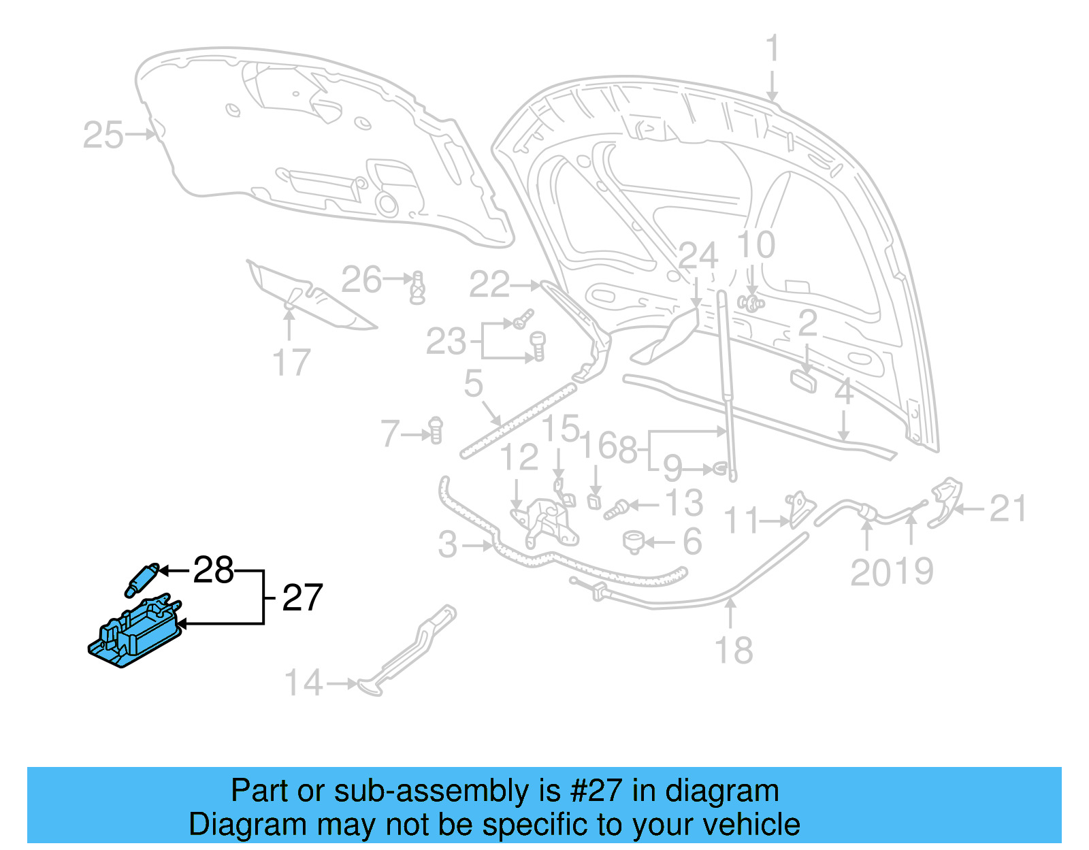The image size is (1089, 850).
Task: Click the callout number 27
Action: click(302, 598)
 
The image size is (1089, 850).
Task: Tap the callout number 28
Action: click(213, 570)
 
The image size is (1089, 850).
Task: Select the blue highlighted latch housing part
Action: click(135, 632)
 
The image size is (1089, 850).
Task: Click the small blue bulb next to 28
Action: click(142, 578)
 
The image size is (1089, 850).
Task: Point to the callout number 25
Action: click(103, 135)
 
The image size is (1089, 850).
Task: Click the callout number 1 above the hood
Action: click(772, 49)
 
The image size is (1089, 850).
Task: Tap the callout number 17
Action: click(291, 362)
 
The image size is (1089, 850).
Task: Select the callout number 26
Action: click(361, 280)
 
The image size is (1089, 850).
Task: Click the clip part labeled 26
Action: click(418, 288)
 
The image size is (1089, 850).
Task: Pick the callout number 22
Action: click(489, 284)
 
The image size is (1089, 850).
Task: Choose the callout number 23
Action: click(446, 342)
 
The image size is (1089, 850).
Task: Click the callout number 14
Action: click(303, 683)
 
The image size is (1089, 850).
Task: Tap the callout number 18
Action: click(733, 651)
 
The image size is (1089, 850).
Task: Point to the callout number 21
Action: click(1007, 508)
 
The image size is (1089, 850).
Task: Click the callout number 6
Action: click(692, 542)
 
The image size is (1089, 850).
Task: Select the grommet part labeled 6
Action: click(634, 542)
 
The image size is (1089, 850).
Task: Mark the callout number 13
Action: click(683, 504)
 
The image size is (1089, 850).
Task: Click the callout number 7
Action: click(390, 434)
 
